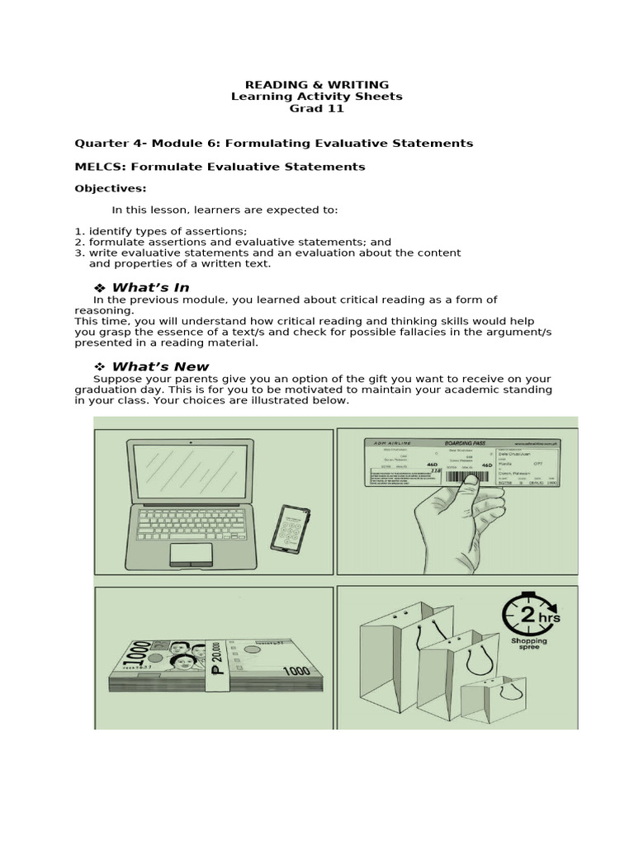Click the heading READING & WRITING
coord(317,85)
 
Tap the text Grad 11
coord(317,108)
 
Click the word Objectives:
coord(111,188)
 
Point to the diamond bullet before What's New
coord(100,366)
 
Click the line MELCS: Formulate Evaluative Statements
coord(220,166)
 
